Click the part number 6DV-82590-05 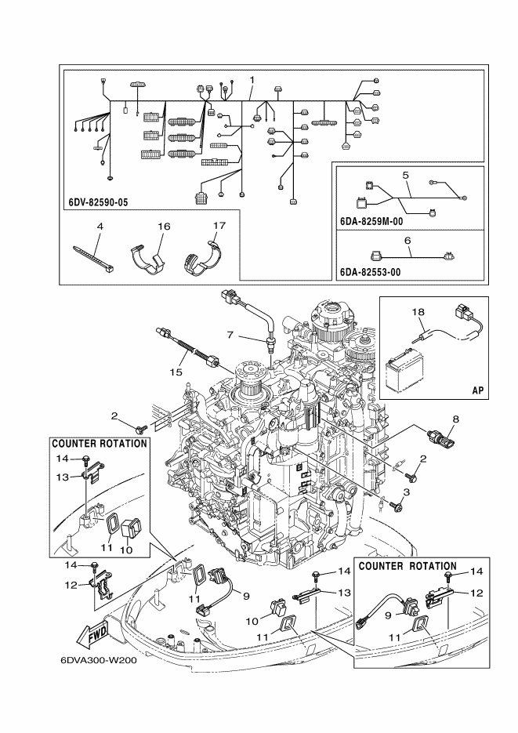[x=98, y=202]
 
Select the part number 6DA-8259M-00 [x=371, y=221]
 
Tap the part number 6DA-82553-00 [x=371, y=271]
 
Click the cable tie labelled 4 [x=94, y=259]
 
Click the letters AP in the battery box [x=478, y=390]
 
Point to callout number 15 [x=176, y=372]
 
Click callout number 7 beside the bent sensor [x=230, y=335]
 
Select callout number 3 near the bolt [x=406, y=492]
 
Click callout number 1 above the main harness [x=252, y=80]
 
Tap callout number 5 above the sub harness [x=405, y=176]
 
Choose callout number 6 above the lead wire [x=408, y=240]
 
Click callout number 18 [x=418, y=312]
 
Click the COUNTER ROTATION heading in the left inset [x=100, y=443]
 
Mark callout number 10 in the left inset [x=126, y=550]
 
